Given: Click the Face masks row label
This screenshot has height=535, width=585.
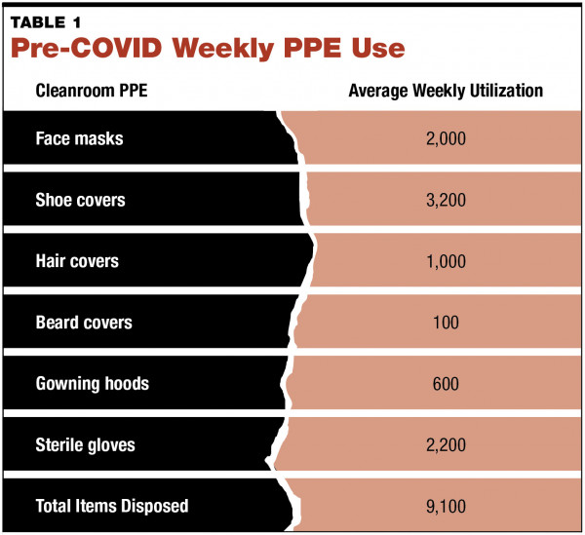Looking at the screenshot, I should (x=79, y=138).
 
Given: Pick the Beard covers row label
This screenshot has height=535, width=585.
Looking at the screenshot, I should (x=84, y=323).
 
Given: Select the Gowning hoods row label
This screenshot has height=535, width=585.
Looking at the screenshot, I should (x=92, y=384).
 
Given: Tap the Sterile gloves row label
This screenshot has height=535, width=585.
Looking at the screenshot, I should (x=85, y=445).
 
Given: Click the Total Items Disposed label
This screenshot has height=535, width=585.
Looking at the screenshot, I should (x=111, y=506).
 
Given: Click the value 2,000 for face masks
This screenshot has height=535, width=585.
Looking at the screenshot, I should (x=446, y=138).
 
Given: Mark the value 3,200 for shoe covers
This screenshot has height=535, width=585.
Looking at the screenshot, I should (x=446, y=200).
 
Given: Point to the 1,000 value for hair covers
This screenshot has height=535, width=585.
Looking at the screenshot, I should (x=446, y=261).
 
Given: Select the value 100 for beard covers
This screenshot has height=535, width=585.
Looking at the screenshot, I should (x=446, y=323).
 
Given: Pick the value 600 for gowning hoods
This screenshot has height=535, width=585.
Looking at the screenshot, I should (x=446, y=384).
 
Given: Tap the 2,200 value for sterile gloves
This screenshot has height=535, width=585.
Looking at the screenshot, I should (x=446, y=445).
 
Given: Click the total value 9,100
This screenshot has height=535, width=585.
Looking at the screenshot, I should (x=446, y=506).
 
